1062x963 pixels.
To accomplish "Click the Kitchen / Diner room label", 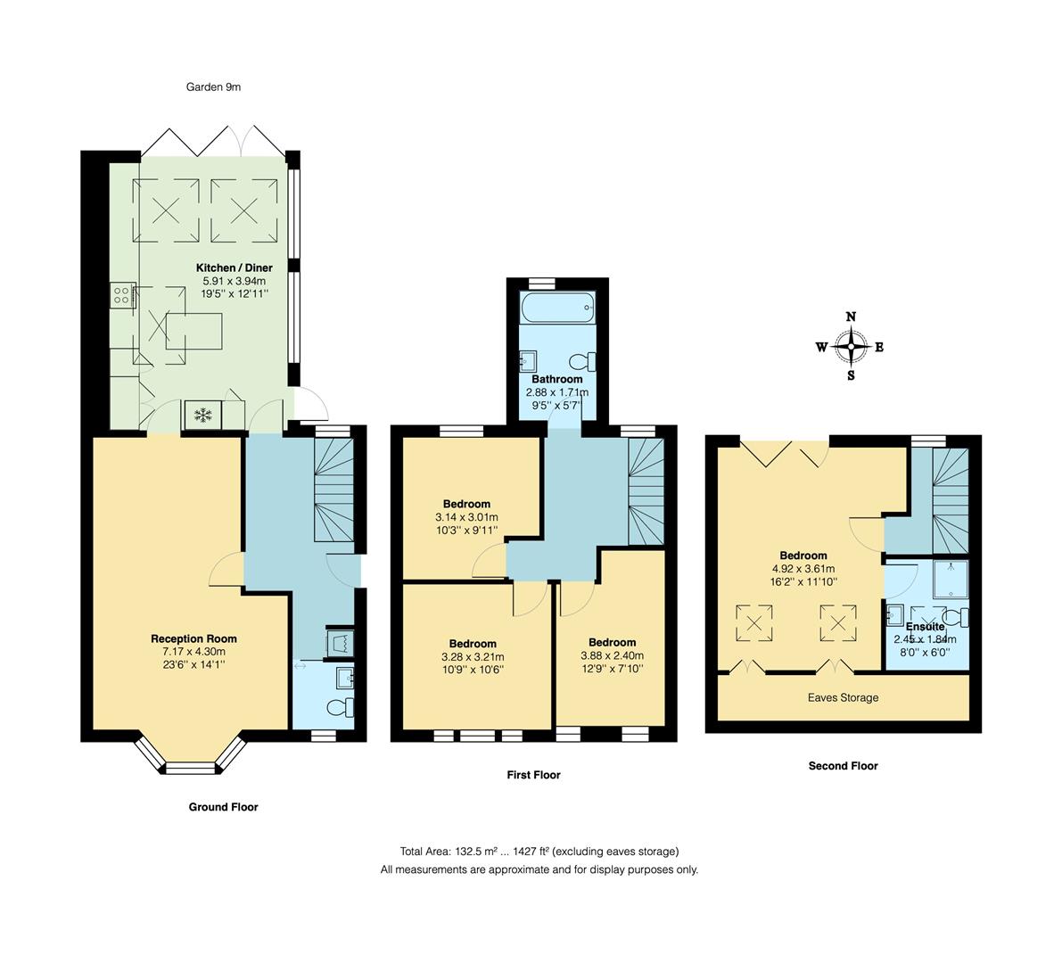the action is pos(235,267).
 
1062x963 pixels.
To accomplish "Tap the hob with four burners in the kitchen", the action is pos(122,295).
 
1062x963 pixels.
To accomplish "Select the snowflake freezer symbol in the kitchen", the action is pos(202,416).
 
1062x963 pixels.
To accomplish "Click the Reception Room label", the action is pos(193,638).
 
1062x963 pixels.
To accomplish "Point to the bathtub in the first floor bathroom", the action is pos(558,309).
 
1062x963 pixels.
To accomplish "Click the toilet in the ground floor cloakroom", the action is pos(340,708).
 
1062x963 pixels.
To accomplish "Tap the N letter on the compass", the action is pos(852,317).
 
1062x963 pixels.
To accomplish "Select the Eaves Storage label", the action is pos(844,697).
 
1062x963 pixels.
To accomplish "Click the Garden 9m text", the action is pos(213,86).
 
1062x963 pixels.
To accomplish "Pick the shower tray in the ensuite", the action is pos(951,579).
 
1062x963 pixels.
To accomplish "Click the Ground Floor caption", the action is pos(224,807).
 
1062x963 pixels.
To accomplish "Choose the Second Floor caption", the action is pos(844,766).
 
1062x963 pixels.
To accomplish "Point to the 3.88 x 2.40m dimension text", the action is pos(613,655).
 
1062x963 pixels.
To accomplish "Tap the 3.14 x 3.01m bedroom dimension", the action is pos(466,517).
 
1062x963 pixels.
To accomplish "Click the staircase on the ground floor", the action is pos(333,489).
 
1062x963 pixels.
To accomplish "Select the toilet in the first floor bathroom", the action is pos(582,361).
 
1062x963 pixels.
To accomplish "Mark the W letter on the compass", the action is pos(821,348).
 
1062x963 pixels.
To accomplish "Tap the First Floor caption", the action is pos(534,775).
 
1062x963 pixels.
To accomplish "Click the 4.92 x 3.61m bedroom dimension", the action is pos(803,569).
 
